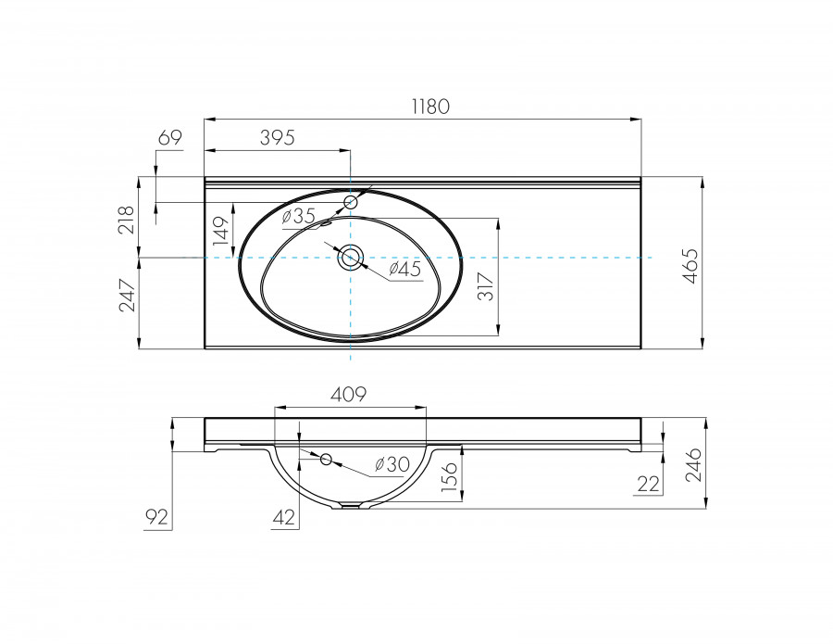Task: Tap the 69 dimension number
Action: click(169, 138)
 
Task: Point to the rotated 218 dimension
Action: click(127, 220)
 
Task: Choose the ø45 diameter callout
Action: click(404, 269)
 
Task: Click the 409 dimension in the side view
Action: click(350, 395)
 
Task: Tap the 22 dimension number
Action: click(648, 483)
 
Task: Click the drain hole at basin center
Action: click(350, 258)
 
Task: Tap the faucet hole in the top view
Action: click(351, 202)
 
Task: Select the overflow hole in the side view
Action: click(326, 459)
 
